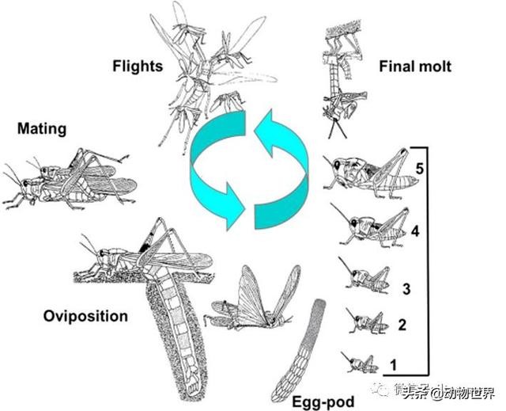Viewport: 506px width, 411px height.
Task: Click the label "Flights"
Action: tap(137, 65)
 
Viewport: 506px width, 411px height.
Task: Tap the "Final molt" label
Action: tap(416, 67)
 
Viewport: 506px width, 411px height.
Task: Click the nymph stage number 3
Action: tap(405, 289)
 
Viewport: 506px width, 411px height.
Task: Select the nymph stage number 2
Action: tap(402, 325)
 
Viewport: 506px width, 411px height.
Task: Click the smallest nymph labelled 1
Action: tap(360, 363)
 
